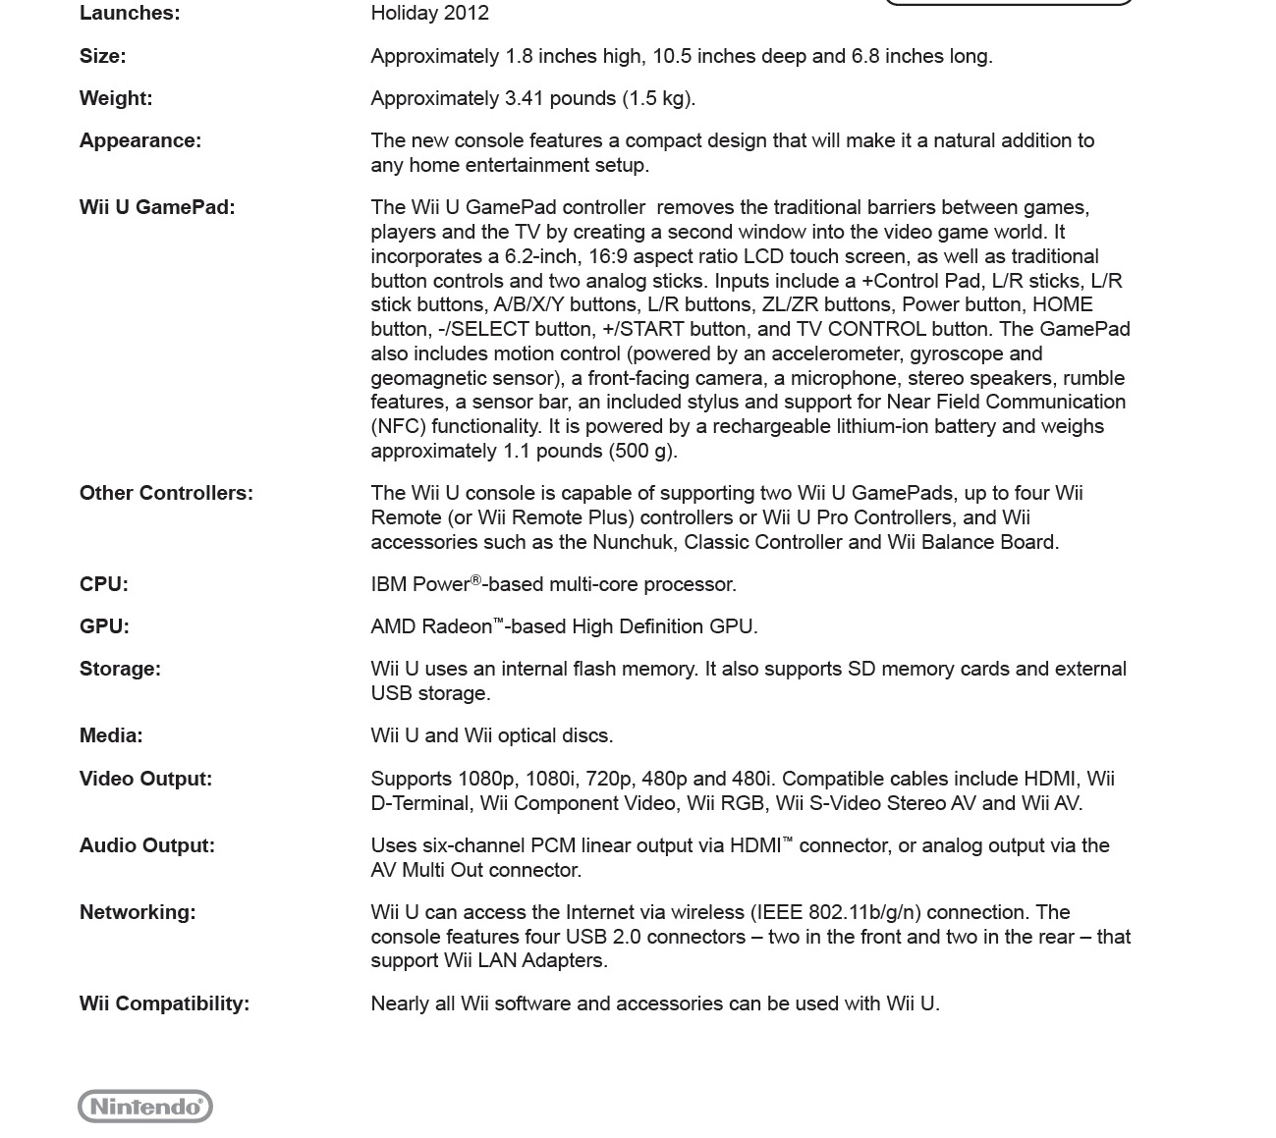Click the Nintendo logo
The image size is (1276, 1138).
(145, 1107)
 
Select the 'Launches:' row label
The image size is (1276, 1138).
(130, 14)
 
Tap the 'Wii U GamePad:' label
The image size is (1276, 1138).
(157, 208)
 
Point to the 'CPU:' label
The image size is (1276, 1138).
(104, 585)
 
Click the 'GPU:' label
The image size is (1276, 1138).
(104, 627)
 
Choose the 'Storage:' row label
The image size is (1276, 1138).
(120, 670)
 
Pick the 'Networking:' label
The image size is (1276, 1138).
(138, 913)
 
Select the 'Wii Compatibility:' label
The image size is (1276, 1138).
(164, 1004)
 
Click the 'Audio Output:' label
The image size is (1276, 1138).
(147, 846)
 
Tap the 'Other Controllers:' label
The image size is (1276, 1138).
(166, 494)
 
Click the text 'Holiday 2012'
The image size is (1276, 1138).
(429, 14)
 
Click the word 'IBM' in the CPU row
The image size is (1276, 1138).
(388, 585)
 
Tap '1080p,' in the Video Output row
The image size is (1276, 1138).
(487, 780)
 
